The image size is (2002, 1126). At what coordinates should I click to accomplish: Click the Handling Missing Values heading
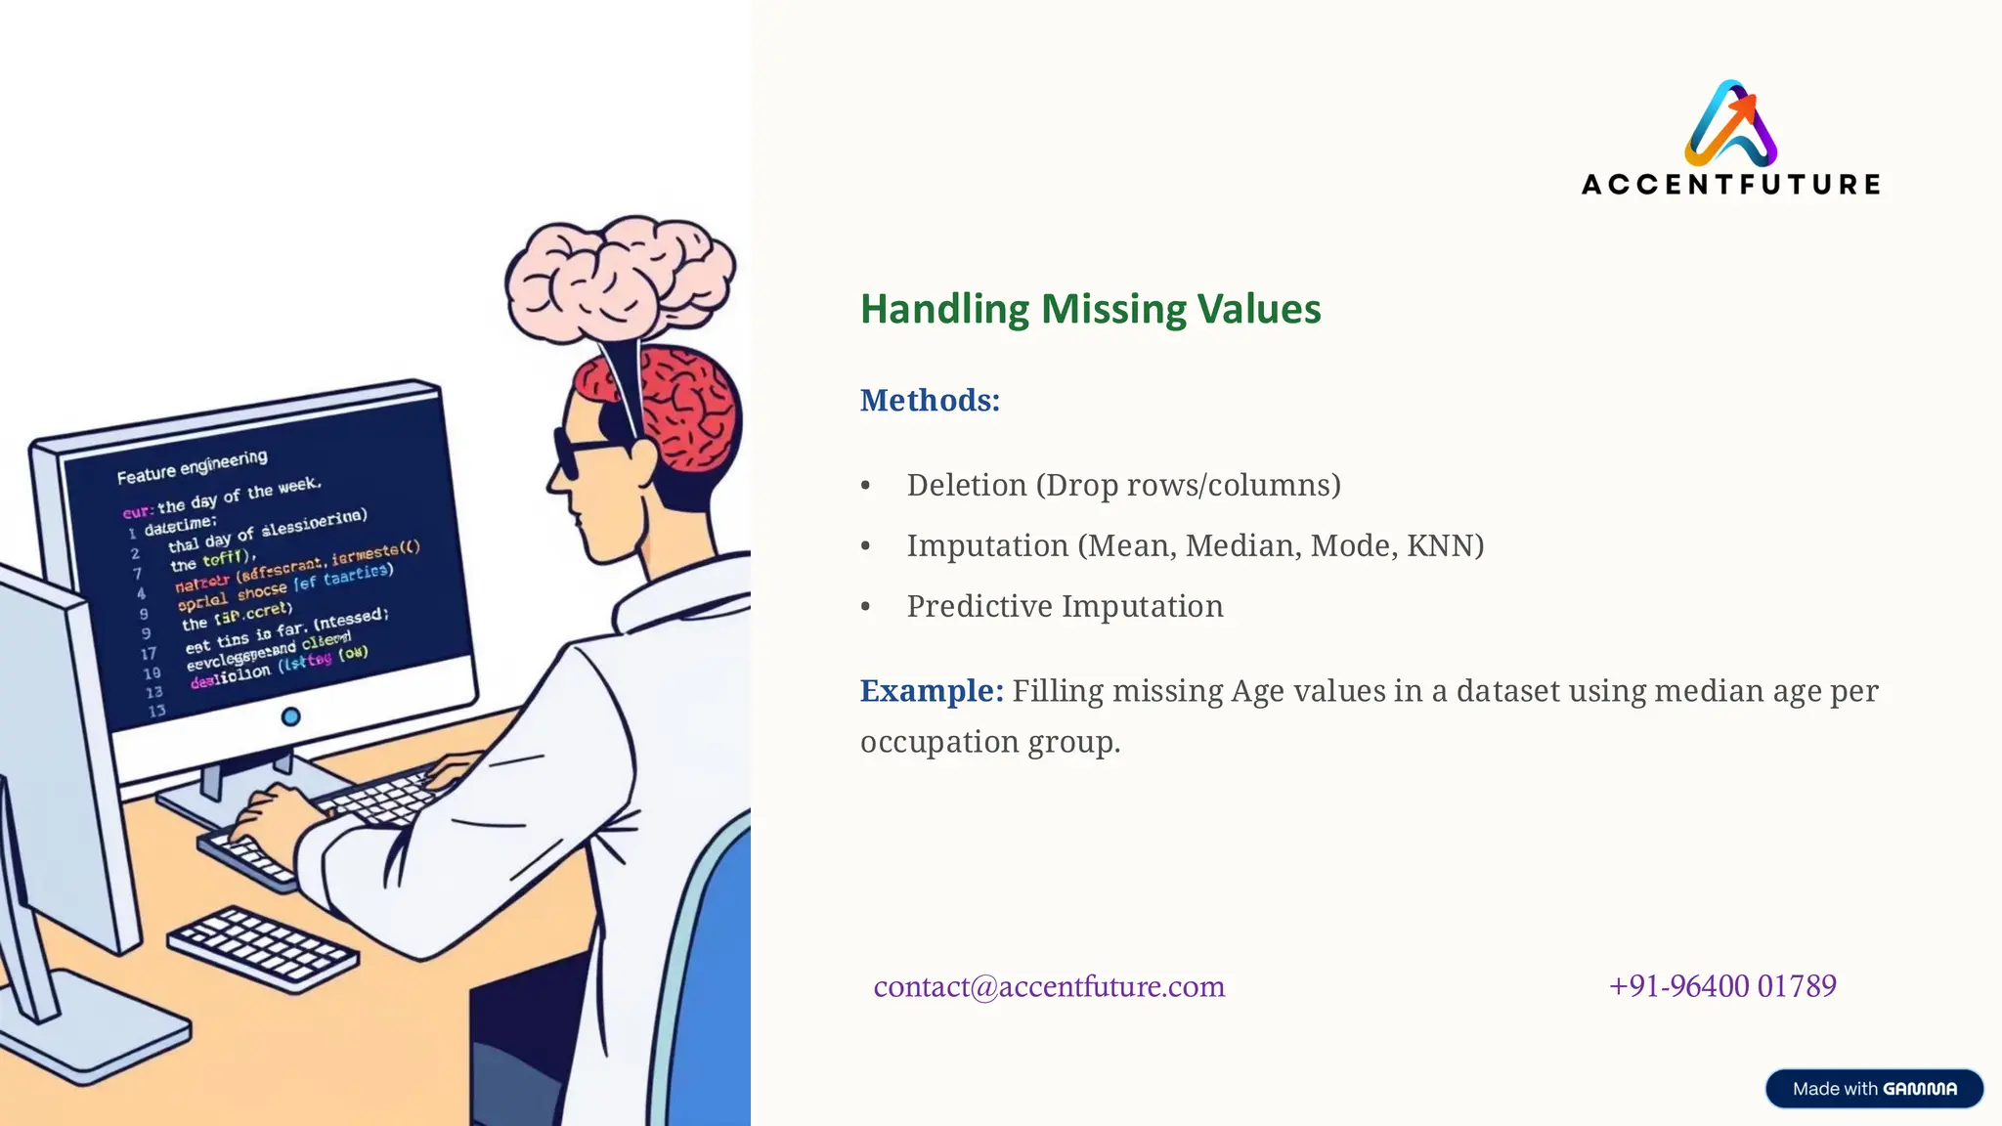[1090, 309]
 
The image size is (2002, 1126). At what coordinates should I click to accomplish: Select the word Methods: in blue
[930, 400]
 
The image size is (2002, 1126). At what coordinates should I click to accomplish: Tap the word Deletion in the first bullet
[967, 485]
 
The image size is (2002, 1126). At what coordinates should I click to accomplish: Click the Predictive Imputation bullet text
[1065, 606]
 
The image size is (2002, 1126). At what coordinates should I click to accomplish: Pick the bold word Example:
[932, 691]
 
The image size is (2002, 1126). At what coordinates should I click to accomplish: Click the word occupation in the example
[939, 742]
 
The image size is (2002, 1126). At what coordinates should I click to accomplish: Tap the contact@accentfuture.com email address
[1049, 986]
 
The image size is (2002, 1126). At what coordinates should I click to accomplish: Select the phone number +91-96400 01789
[1722, 985]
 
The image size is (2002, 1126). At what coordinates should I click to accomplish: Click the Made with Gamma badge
[1874, 1089]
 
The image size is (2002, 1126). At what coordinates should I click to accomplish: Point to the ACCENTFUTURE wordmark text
[1730, 184]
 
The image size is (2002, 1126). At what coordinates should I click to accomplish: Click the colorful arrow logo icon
[1730, 123]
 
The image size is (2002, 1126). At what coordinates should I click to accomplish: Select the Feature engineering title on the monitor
[192, 467]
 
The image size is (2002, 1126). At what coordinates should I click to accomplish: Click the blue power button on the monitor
[290, 716]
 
